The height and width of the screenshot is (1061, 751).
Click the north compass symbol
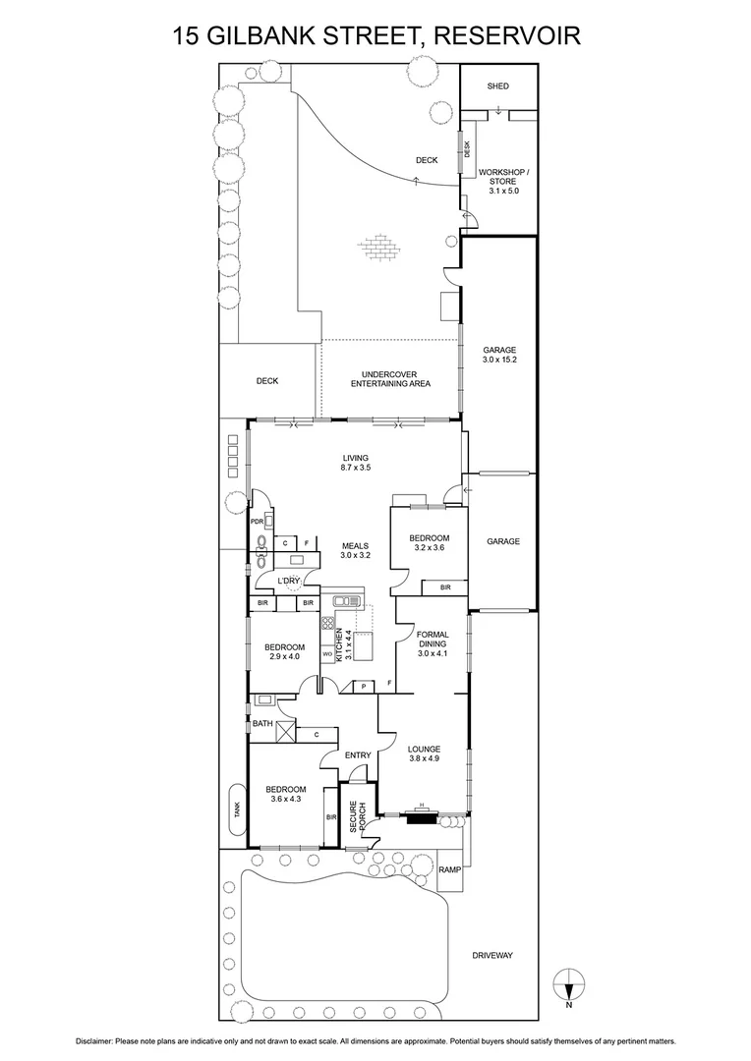point(569,981)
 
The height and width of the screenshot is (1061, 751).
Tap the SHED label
point(498,86)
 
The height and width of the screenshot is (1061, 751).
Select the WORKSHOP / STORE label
point(503,181)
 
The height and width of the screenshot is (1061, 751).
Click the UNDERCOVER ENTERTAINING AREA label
point(390,379)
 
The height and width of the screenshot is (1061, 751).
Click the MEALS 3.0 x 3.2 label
point(355,551)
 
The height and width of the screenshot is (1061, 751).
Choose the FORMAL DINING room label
point(433,643)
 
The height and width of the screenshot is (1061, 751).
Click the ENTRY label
point(358,754)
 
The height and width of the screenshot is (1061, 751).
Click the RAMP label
point(449,869)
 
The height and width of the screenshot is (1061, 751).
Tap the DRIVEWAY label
point(492,955)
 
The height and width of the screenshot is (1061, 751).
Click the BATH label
point(262,724)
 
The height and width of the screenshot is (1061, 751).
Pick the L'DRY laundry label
point(287,581)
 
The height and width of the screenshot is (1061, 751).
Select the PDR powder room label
point(257,522)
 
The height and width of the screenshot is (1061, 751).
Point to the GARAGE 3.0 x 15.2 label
point(498,356)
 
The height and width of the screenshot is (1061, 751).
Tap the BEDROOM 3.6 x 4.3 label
point(285,794)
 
